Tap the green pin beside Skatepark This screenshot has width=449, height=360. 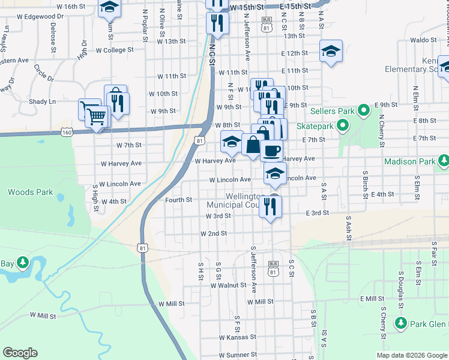click(343, 126)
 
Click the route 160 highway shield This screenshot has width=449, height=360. click(67, 132)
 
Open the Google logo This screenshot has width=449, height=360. click(20, 353)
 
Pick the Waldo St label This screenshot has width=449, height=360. click(424, 40)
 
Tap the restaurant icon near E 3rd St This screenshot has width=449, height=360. click(271, 206)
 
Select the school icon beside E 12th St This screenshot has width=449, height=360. click(330, 52)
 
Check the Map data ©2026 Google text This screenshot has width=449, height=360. click(411, 355)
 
